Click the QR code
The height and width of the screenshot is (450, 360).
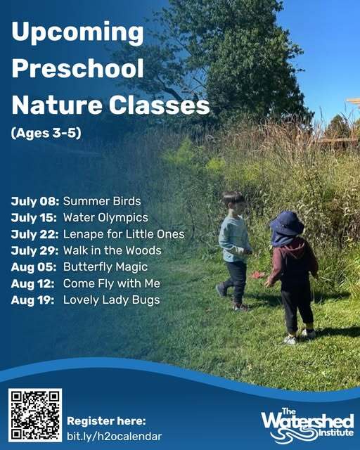pyautogui.click(x=36, y=414)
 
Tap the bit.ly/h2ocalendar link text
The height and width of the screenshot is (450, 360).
pyautogui.click(x=114, y=436)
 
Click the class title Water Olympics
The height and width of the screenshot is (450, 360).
pyautogui.click(x=105, y=217)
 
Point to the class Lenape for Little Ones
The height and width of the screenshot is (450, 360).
pyautogui.click(x=124, y=233)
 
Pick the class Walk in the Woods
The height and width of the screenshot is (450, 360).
pyautogui.click(x=112, y=250)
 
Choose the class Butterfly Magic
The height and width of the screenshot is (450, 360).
pyautogui.click(x=105, y=267)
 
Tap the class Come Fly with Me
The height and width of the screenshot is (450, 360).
pyautogui.click(x=112, y=283)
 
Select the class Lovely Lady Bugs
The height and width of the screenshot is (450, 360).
pyautogui.click(x=112, y=300)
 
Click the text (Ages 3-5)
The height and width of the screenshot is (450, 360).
pyautogui.click(x=46, y=132)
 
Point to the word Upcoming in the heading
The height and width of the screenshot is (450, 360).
pyautogui.click(x=77, y=33)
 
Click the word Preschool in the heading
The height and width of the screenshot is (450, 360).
pyautogui.click(x=77, y=69)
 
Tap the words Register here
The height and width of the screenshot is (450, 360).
pyautogui.click(x=106, y=420)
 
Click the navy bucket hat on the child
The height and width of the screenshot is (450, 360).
pyautogui.click(x=287, y=224)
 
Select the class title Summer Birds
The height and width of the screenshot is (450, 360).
pyautogui.click(x=102, y=201)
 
